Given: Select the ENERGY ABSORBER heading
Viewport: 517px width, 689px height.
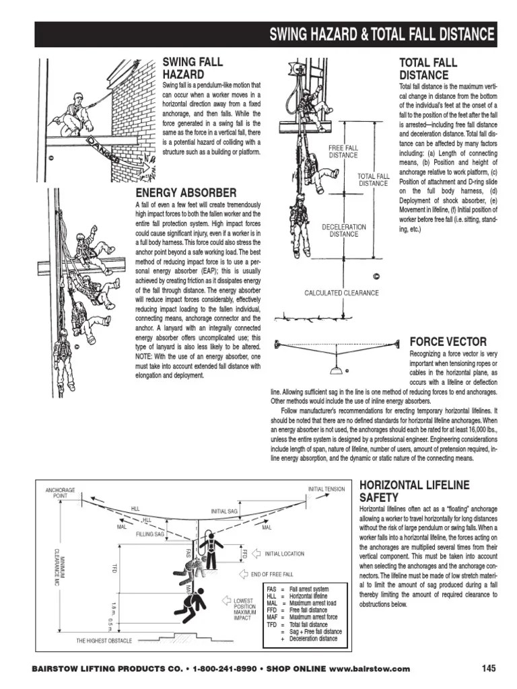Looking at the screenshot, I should click(x=186, y=194).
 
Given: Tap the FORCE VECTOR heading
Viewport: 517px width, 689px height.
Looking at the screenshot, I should click(x=448, y=342).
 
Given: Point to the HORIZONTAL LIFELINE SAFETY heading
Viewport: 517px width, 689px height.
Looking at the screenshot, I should click(x=414, y=491).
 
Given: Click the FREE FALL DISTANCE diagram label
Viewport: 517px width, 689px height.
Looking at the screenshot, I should click(x=343, y=151).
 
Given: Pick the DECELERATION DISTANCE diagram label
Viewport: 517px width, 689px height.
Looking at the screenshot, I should click(x=343, y=231).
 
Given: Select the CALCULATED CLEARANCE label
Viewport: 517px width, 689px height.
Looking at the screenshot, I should click(x=341, y=293).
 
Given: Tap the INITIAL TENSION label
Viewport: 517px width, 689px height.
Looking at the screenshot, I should click(x=326, y=489).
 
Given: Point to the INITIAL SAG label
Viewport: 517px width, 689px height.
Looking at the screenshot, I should click(x=223, y=511).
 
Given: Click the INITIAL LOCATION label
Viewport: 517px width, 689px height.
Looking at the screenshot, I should click(x=284, y=554).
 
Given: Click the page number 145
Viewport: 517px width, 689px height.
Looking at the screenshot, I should click(x=489, y=668).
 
